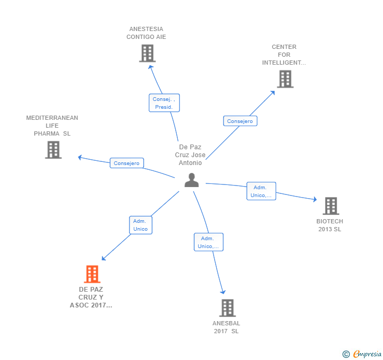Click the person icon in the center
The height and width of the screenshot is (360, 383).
pyautogui.click(x=191, y=180)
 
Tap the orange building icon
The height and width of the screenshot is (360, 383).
pyautogui.click(x=92, y=274)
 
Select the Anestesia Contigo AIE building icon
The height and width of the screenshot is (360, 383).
pyautogui.click(x=147, y=53)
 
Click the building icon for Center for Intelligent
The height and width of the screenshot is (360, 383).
pyautogui.click(x=285, y=79)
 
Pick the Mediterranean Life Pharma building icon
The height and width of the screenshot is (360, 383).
pyautogui.click(x=53, y=150)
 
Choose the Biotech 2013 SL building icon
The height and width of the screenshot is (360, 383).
pyautogui.click(x=330, y=206)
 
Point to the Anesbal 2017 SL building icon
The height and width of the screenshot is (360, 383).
pyautogui.click(x=227, y=308)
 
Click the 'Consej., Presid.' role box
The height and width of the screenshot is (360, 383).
pyautogui.click(x=164, y=103)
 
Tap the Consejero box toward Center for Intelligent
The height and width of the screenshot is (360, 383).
pyautogui.click(x=240, y=121)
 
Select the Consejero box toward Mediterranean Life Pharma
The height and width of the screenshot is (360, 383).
pyautogui.click(x=127, y=163)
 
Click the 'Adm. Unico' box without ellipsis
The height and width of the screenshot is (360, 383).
pyautogui.click(x=140, y=225)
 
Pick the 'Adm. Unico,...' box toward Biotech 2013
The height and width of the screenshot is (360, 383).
pyautogui.click(x=261, y=191)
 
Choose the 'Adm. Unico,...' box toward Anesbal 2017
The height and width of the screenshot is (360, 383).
pyautogui.click(x=208, y=242)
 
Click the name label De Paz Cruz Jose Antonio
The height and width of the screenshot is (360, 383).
pyautogui.click(x=190, y=155)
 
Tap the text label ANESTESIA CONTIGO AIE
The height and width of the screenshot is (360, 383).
pyautogui.click(x=146, y=33)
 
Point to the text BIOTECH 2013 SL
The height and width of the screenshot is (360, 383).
pyautogui.click(x=330, y=225)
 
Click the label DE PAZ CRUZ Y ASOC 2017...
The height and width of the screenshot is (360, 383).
pyautogui.click(x=91, y=297)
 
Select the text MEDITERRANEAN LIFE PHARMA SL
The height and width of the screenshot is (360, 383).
pyautogui.click(x=52, y=126)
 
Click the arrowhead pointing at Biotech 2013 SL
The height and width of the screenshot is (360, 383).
pyautogui.click(x=315, y=200)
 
